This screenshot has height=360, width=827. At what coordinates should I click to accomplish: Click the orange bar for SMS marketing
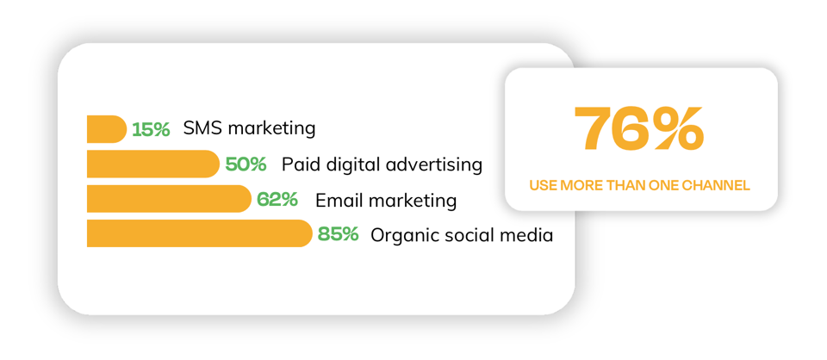click(106, 129)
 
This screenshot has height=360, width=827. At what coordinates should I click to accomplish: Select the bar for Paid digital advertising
click(152, 164)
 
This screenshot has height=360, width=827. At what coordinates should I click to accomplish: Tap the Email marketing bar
click(168, 199)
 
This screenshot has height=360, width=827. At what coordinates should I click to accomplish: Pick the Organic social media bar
click(198, 233)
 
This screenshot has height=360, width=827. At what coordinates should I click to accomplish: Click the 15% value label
click(151, 130)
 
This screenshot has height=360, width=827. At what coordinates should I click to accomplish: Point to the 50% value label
click(246, 164)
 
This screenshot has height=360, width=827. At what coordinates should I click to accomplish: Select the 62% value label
click(277, 200)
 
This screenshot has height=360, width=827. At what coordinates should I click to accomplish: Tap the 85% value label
click(338, 234)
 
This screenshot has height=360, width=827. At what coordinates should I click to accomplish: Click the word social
click(473, 234)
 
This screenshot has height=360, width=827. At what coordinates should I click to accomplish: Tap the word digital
click(353, 165)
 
